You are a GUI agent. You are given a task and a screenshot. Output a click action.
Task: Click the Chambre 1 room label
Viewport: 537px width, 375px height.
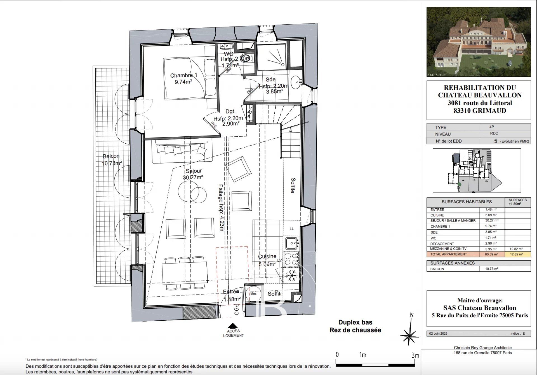tap(183, 79)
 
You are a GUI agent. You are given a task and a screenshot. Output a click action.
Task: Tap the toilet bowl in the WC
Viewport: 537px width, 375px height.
tap(246, 59)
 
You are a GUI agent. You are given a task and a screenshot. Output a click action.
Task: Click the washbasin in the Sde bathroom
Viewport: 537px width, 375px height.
tap(296, 82)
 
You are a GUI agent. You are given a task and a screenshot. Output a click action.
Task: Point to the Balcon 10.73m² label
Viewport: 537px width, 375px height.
tap(111, 160)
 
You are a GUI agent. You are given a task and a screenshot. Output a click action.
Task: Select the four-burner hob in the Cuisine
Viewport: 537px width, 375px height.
tap(291, 259)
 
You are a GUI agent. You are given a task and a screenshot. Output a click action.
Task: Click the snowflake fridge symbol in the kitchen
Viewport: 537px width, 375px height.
tap(291, 275)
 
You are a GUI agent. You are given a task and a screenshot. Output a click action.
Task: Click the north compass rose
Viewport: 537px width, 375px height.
tap(409, 334)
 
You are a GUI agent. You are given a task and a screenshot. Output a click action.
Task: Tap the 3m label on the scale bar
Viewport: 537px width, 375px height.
tap(415, 355)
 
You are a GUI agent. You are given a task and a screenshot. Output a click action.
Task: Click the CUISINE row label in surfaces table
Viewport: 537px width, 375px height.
tap(437, 215)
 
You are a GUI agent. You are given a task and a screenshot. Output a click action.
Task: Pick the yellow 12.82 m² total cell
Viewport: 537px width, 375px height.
tap(516, 254)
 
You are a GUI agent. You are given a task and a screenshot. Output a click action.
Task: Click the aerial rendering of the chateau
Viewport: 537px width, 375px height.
tap(479, 42)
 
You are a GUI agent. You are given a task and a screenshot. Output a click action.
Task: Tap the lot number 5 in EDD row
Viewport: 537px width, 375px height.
tap(496, 141)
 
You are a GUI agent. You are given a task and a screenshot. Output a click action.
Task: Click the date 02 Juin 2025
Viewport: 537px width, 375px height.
tap(438, 334)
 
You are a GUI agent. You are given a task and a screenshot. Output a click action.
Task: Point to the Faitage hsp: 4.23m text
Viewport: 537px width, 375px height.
tap(221, 208)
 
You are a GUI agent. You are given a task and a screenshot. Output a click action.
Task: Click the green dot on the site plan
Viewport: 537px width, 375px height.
tap(459, 184)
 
